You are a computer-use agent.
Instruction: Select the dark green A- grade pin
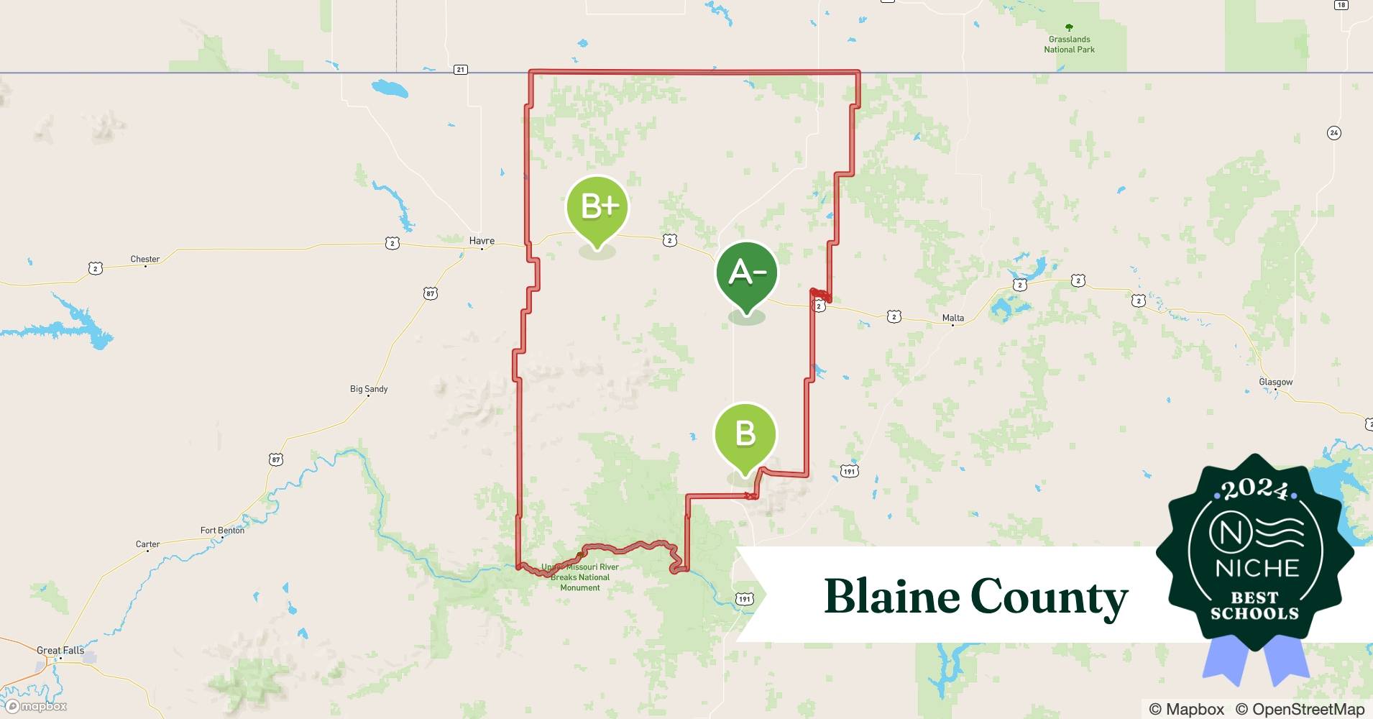point(747,273)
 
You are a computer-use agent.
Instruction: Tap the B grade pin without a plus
point(745,434)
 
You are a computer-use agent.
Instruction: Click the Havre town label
point(482,241)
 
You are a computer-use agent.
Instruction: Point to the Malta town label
point(952,318)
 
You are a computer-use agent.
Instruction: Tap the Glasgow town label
point(1275,382)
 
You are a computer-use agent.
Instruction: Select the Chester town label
point(145,259)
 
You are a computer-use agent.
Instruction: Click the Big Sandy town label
point(369,389)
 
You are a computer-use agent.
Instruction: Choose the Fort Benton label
point(222,531)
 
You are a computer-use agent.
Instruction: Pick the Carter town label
point(147,544)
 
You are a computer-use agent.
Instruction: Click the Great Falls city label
point(60,650)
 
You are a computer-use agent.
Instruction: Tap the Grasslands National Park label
point(1069,45)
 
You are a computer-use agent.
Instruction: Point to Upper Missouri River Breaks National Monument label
point(580,577)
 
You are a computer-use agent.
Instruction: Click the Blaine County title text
point(975,597)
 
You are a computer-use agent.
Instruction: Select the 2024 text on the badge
point(1255,490)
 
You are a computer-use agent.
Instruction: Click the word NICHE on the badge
point(1257,568)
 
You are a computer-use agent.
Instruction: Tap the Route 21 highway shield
point(461,70)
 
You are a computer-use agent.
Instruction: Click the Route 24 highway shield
point(1334,133)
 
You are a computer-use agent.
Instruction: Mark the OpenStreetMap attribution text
point(1300,709)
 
